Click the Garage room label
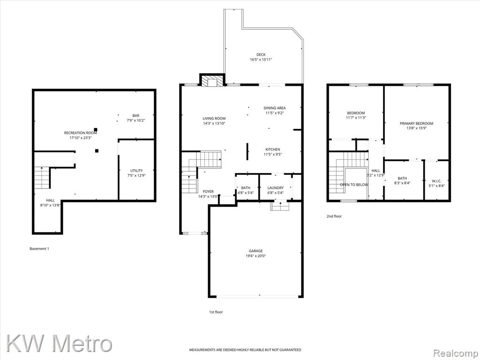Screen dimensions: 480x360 [255, 251]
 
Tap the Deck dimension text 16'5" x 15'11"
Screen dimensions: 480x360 [261, 60]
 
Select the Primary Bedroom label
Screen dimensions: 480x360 [416, 123]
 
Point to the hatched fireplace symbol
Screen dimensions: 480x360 [212, 81]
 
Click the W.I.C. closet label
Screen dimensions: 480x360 [436, 181]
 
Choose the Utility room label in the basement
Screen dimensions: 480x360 [136, 171]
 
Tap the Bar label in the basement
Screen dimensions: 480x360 [136, 115]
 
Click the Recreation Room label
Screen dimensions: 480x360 [80, 133]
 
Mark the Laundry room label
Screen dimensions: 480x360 [276, 187]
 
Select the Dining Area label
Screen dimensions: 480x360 [275, 108]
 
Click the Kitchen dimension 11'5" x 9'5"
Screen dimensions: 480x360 [272, 154]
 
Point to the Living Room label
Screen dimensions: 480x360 [214, 119]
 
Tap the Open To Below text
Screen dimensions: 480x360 [354, 185]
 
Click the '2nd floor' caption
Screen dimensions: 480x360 [334, 216]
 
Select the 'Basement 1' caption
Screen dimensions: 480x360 [39, 248]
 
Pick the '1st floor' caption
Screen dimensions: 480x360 [216, 312]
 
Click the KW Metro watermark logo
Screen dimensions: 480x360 [59, 344]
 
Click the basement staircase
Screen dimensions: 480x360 [42, 178]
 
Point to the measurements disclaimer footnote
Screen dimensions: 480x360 [245, 350]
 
